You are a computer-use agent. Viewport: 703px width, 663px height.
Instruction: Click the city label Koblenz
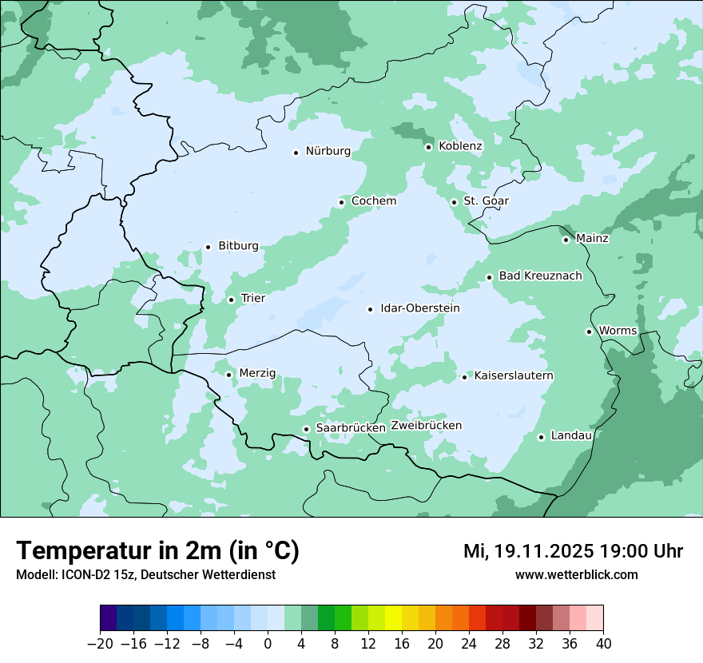460,146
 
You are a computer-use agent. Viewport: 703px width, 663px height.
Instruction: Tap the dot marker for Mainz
566,240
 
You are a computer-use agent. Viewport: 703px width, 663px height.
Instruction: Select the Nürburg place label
328,151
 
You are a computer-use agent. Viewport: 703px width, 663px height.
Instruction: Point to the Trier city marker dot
231,300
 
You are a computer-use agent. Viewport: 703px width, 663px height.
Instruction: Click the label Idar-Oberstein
420,308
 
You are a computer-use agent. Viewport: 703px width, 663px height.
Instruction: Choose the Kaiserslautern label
514,375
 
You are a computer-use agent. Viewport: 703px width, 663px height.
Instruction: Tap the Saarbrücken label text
351,428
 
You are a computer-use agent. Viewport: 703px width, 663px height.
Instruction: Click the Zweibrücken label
426,426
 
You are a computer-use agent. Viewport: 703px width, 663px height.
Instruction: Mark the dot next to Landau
541,437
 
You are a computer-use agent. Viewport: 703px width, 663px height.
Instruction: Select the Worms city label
618,331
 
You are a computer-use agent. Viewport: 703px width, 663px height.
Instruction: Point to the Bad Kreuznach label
540,276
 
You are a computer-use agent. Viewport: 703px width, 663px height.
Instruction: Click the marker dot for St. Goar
454,202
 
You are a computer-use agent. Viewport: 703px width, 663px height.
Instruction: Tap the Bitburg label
238,246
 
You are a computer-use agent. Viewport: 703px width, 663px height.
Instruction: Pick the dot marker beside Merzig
228,375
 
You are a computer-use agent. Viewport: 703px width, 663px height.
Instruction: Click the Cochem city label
373,201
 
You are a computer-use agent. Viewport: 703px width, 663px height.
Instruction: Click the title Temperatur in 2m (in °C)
157,551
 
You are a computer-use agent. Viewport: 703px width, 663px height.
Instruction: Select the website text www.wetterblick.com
576,575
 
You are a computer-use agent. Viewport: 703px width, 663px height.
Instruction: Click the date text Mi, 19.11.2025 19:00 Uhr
573,551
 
